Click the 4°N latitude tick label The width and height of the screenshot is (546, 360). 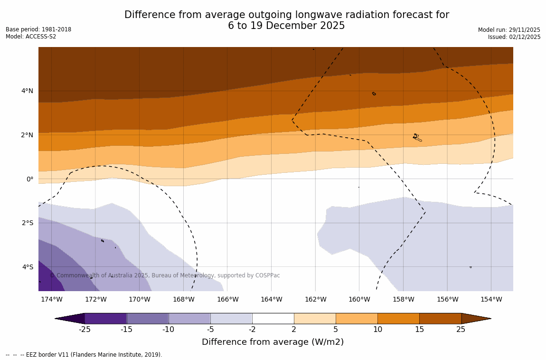[x=27, y=91]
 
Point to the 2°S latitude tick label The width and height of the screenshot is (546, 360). [x=27, y=223]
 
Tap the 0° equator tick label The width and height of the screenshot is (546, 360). [x=30, y=179]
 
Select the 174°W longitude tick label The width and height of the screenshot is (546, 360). [x=51, y=299]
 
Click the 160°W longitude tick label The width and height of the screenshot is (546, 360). [x=359, y=299]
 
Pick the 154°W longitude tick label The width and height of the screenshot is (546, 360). [x=491, y=299]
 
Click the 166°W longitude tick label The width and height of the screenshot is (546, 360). [x=227, y=299]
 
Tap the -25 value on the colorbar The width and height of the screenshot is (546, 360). [x=85, y=330]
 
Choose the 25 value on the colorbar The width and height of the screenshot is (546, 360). [x=461, y=330]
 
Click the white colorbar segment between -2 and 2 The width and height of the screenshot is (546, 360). [x=273, y=318]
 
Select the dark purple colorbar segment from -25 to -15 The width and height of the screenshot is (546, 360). [x=105, y=318]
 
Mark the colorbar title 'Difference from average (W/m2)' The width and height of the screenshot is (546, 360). [x=273, y=342]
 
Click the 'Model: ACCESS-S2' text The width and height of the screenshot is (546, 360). [x=31, y=37]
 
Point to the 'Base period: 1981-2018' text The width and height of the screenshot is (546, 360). [x=38, y=29]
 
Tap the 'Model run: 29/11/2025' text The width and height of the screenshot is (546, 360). [x=509, y=29]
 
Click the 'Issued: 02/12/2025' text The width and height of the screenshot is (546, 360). [x=514, y=37]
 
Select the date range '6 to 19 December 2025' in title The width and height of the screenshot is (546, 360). [x=286, y=26]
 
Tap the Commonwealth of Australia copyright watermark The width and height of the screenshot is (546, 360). [x=165, y=275]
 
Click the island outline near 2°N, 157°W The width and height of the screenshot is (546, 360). [x=416, y=137]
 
